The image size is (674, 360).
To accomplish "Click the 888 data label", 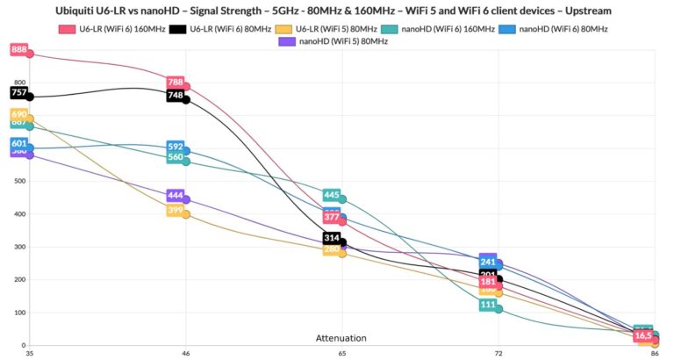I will coord(19,50).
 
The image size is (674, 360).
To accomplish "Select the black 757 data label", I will coord(19,92).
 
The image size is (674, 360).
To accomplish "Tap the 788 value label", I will coord(176,83).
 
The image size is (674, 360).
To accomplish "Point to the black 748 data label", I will coord(176,95).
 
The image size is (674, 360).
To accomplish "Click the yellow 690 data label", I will coord(19,114).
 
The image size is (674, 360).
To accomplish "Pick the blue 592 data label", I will coord(176,147).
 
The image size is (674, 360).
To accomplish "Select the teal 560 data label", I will coord(176,157).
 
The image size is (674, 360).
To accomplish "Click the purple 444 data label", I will coord(176,196).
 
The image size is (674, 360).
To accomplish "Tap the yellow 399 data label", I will coord(176,210).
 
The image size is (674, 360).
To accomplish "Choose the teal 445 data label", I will coord(332,195).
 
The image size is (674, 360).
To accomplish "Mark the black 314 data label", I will coord(332,238).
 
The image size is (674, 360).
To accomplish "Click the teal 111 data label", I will coord(488,305).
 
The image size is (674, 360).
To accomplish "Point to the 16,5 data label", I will coord(643,335).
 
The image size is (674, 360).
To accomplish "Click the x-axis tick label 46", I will coord(186,352).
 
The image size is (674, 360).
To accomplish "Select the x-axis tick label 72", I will coord(498,352).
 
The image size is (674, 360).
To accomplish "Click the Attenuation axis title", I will coord(341,338).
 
